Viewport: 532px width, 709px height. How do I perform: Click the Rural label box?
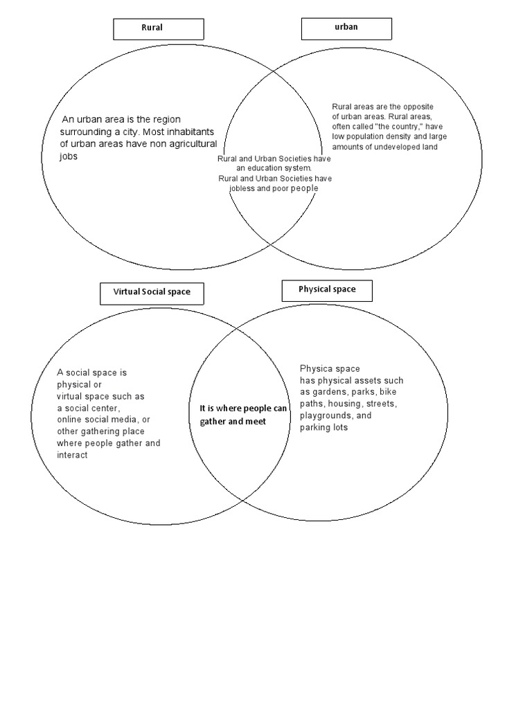pos(159,28)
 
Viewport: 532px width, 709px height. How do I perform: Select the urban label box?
pos(346,28)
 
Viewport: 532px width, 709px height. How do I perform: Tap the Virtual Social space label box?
pos(152,292)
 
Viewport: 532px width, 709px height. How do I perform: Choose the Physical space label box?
pos(327,289)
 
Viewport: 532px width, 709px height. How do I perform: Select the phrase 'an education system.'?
pos(274,168)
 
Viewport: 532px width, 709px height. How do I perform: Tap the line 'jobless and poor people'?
pos(274,188)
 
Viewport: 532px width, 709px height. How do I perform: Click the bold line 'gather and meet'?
pos(233,421)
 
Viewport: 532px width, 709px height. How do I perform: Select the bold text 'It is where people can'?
pos(238,409)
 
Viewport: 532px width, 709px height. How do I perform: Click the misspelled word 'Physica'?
pos(316,368)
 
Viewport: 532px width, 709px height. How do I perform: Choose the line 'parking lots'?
pos(323,427)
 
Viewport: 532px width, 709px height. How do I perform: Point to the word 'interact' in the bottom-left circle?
pos(72,455)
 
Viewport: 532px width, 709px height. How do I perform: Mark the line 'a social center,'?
pos(88,408)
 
